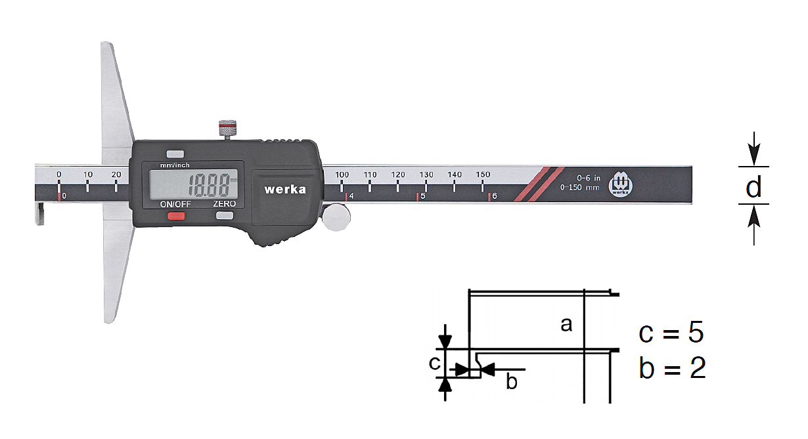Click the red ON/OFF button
pos(176,216)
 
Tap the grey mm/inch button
pos(175,154)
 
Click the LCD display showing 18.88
pos(193,184)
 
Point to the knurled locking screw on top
pos(227,129)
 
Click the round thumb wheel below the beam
pos(336,217)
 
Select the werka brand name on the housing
pos(285,189)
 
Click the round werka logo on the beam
pos(620,186)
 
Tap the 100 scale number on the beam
pos(342,175)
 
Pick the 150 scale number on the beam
pos(483,175)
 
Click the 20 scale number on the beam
pos(116,175)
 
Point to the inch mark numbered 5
pos(423,196)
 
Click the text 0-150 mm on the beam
pos(579,188)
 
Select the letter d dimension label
pos(753,187)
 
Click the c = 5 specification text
pos(671,332)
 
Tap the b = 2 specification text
pos(673,367)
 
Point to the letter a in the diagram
pos(566,324)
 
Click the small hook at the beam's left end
pos(39,215)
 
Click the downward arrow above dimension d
pos(753,148)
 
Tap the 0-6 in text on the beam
pos(589,178)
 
